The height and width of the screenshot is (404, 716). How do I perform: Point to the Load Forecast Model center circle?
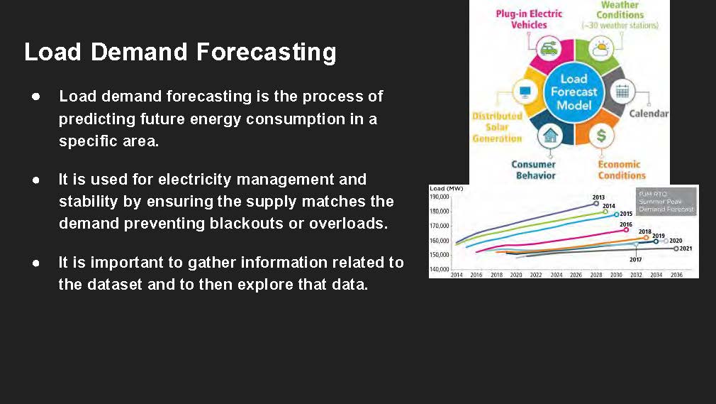point(574,92)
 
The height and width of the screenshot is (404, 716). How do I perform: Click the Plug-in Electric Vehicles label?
point(529,19)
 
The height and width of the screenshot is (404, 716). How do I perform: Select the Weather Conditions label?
point(620,14)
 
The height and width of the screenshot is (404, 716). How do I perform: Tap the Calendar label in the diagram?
point(649,114)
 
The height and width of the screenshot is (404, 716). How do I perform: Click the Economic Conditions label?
point(622,170)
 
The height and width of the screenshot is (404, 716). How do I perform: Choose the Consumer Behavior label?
point(534,170)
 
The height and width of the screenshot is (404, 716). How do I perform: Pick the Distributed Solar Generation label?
point(497,126)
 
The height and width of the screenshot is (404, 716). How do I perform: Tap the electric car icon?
point(548,49)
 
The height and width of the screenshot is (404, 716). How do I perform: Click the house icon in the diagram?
point(549,134)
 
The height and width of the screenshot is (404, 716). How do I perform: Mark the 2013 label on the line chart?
point(598,197)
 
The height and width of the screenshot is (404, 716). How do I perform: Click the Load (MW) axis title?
point(446,189)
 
